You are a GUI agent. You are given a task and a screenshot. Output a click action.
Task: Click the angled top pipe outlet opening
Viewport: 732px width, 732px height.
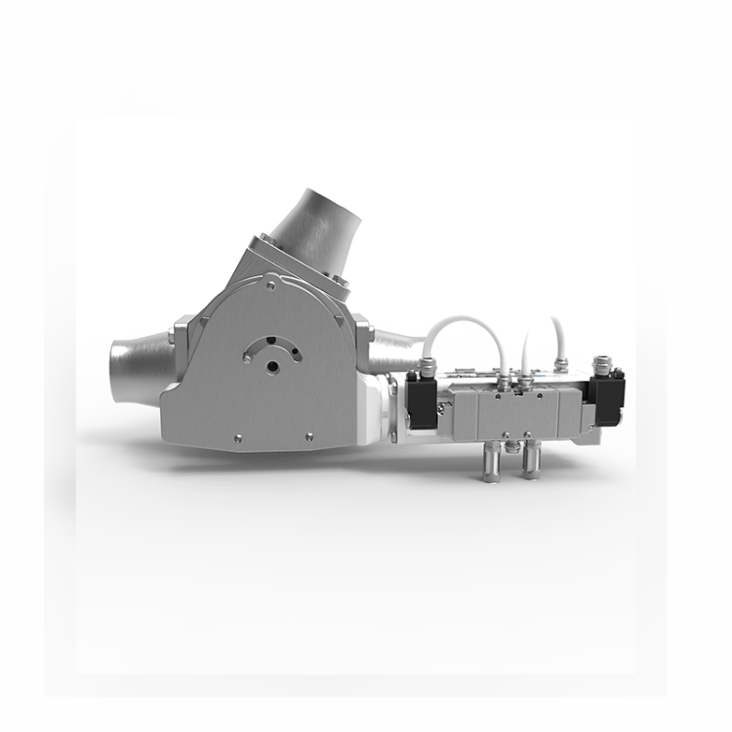(320, 202)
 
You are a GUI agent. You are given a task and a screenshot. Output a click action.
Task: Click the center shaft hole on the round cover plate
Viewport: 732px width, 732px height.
(273, 365)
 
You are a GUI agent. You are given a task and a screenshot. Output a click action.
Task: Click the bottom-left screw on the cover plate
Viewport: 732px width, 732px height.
(235, 438)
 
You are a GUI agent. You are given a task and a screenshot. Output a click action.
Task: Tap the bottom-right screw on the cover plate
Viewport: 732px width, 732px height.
(308, 436)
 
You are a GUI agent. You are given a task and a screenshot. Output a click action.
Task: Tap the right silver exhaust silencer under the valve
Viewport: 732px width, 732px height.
(530, 460)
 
